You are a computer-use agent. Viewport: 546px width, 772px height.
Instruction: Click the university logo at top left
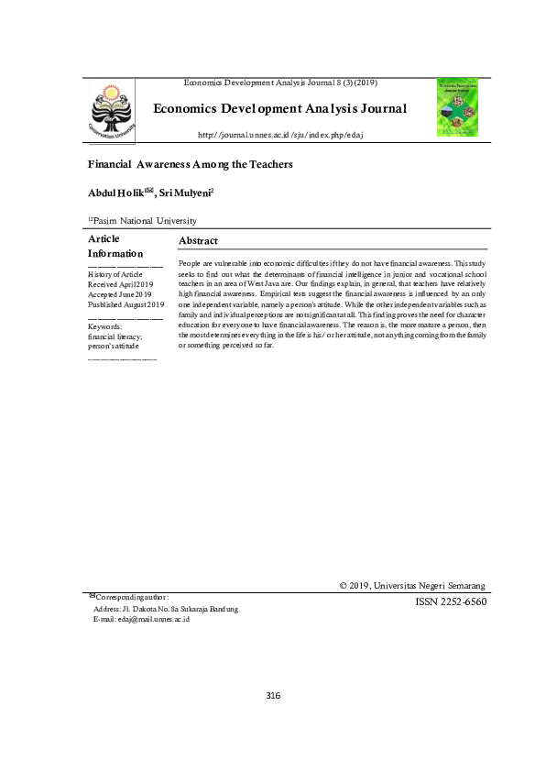(113, 110)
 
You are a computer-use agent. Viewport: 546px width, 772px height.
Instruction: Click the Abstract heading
(198, 240)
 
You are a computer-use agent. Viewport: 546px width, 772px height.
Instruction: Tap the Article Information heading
(115, 246)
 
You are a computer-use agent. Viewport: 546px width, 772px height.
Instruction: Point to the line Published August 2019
(126, 304)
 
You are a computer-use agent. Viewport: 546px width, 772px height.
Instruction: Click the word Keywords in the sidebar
(105, 326)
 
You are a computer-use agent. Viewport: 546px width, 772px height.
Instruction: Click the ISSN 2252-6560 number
(451, 602)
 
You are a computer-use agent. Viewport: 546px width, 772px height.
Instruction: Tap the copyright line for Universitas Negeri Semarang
(412, 585)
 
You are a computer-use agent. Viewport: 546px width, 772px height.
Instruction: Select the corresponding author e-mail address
(141, 620)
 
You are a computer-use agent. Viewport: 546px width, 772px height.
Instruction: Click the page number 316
(273, 696)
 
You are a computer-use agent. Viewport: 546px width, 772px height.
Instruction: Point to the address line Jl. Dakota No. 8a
(166, 609)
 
